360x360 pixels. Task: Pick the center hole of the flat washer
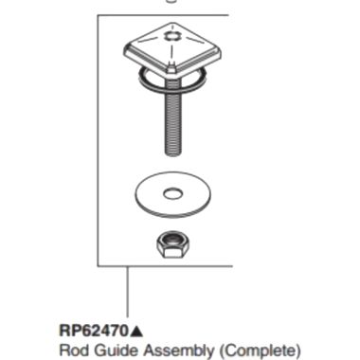172,195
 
